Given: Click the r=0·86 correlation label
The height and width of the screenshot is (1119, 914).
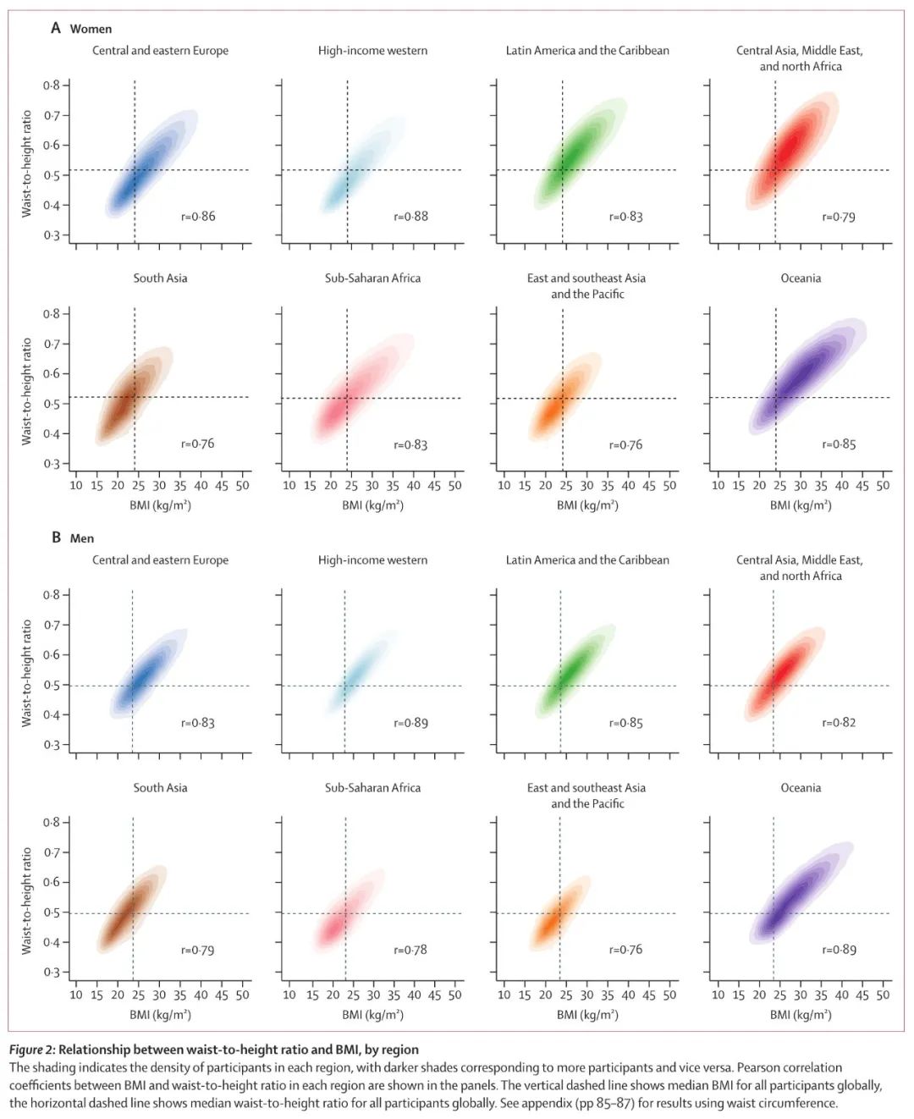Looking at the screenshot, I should (198, 217).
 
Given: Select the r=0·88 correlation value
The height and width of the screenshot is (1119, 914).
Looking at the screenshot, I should (410, 217).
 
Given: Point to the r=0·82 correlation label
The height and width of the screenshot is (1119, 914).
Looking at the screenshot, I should (839, 723).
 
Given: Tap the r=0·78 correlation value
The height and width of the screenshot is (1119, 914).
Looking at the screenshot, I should (410, 950).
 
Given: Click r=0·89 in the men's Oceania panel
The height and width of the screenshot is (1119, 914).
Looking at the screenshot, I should (839, 950).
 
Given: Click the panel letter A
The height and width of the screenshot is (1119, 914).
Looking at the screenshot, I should (56, 28).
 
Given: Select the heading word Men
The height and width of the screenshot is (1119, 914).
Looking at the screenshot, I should (82, 538).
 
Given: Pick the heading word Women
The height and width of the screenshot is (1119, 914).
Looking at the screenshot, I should (91, 29).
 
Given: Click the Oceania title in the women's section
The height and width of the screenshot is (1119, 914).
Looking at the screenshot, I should (801, 278).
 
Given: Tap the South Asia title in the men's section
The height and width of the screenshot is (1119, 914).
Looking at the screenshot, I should (160, 787).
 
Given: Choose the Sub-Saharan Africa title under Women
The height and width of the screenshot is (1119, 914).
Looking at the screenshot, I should (372, 278).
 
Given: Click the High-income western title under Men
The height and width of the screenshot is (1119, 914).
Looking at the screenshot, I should (372, 559).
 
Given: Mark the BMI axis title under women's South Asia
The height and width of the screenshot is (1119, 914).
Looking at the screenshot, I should (160, 505).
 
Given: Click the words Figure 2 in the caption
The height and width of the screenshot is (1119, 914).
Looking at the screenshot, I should (31, 1050).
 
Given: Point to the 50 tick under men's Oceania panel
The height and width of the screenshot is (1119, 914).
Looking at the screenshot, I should (883, 995).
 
